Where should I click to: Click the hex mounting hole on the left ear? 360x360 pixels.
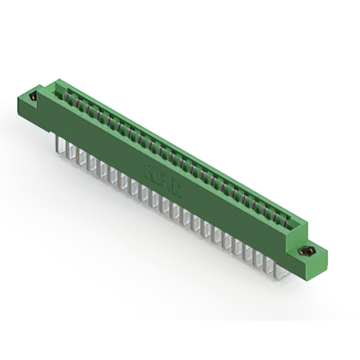tap(34, 96)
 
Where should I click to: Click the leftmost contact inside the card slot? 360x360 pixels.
tap(69, 96)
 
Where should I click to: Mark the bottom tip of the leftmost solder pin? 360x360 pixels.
tap(59, 152)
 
